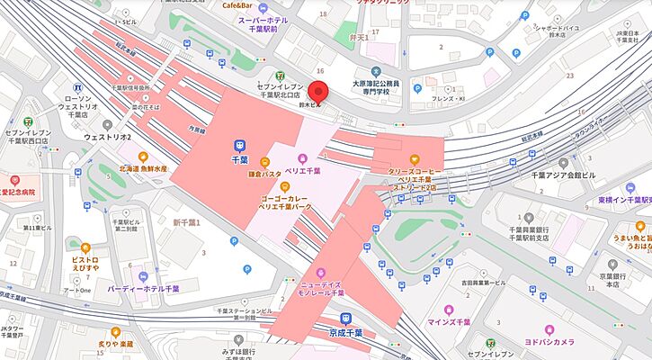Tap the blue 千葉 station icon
pyautogui.click(x=240, y=144)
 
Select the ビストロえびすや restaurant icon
pyautogui.click(x=85, y=247)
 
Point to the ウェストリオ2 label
pyautogui.click(x=109, y=138)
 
